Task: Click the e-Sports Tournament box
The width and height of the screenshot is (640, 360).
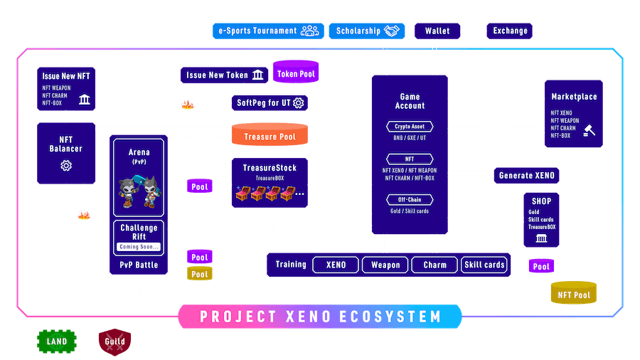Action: point(268,31)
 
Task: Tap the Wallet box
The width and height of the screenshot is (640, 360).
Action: point(437,31)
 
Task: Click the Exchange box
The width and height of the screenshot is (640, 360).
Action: point(509,31)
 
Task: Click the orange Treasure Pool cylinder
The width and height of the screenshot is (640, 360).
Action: point(270,134)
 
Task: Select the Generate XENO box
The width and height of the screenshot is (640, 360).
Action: point(527,175)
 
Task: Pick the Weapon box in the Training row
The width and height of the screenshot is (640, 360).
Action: point(385,265)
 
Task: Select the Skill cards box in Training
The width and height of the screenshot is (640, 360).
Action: point(484,265)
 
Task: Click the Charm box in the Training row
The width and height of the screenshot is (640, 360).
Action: point(434,265)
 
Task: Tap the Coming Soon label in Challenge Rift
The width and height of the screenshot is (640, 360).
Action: point(139,247)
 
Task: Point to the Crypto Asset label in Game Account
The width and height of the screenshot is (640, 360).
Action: point(409,126)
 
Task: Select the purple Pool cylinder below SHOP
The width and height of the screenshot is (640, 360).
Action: point(541,266)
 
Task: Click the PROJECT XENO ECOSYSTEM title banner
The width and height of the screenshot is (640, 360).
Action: point(320,316)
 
